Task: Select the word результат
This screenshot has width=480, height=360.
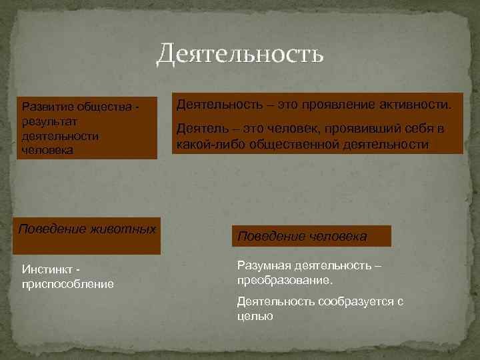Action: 50,122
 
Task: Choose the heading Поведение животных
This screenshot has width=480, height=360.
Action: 87,229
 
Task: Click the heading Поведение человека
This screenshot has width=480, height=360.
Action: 302,237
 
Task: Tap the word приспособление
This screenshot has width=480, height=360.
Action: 67,285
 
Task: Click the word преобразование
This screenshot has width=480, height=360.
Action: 284,281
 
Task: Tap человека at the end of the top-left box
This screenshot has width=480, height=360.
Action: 44,150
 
